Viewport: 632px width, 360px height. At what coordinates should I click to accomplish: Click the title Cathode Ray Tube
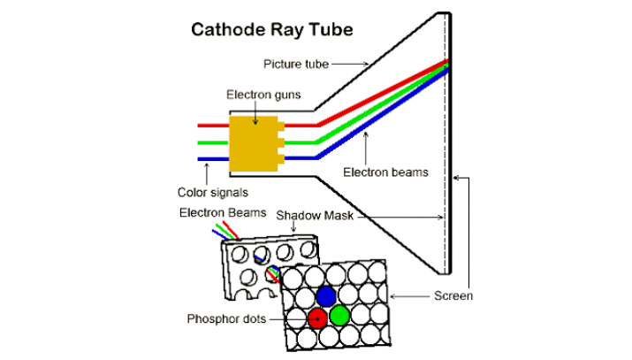tap(272, 30)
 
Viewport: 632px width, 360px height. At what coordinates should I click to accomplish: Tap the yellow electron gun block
tap(253, 141)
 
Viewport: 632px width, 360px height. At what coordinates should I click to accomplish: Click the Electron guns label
tap(263, 94)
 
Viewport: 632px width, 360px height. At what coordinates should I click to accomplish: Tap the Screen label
tap(453, 296)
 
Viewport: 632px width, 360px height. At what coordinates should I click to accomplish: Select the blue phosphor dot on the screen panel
tap(326, 296)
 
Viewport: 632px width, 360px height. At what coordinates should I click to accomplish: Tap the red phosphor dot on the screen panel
tap(318, 316)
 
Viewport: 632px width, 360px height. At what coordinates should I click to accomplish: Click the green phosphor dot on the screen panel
tap(339, 315)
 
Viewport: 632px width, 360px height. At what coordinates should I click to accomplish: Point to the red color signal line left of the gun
tap(212, 126)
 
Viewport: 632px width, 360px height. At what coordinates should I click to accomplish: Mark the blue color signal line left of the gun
tap(212, 159)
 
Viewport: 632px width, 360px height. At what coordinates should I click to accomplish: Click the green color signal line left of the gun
tap(212, 142)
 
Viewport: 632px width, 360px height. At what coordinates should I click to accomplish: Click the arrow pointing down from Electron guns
tap(255, 113)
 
